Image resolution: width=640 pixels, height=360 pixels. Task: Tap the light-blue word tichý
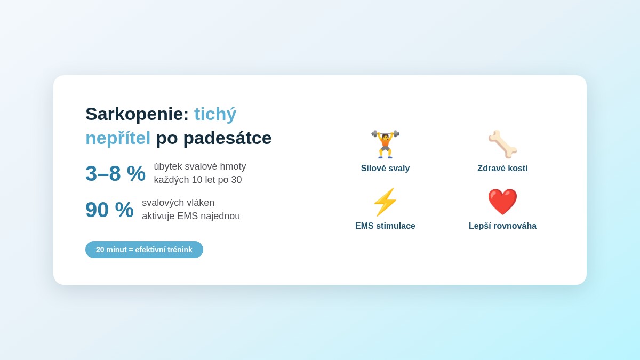pos(215,114)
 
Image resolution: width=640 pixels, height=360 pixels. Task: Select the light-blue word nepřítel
pos(118,138)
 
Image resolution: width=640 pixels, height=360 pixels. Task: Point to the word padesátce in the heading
pos(227,138)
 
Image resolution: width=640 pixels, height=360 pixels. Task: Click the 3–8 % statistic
pos(115,173)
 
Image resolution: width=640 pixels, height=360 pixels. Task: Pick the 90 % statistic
pos(109,210)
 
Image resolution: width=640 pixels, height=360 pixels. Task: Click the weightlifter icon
pos(385,145)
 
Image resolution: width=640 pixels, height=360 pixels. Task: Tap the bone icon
pos(502,145)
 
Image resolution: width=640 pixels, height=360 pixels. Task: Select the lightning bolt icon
pos(385,202)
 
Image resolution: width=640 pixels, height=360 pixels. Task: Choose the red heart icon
pos(502,202)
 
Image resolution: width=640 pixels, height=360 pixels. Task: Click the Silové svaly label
pos(385,169)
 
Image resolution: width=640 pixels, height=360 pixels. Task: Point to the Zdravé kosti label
pos(502,169)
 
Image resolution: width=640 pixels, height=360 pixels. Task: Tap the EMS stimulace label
pos(385,226)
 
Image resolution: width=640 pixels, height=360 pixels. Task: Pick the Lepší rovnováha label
pos(502,226)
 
